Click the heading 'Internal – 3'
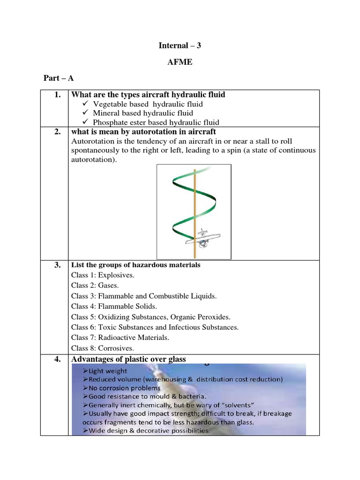pos(180,46)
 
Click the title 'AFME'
pos(180,62)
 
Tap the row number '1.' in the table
pos(57,95)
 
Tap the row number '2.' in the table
pos(57,132)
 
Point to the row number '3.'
pos(57,265)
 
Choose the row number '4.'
pos(57,359)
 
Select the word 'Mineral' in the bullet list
pos(106,113)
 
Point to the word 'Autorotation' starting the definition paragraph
pos(92,141)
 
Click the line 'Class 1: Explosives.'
pos(103,275)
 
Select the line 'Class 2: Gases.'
pos(95,285)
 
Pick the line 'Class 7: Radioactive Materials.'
pos(120,337)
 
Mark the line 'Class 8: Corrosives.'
pos(102,348)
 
